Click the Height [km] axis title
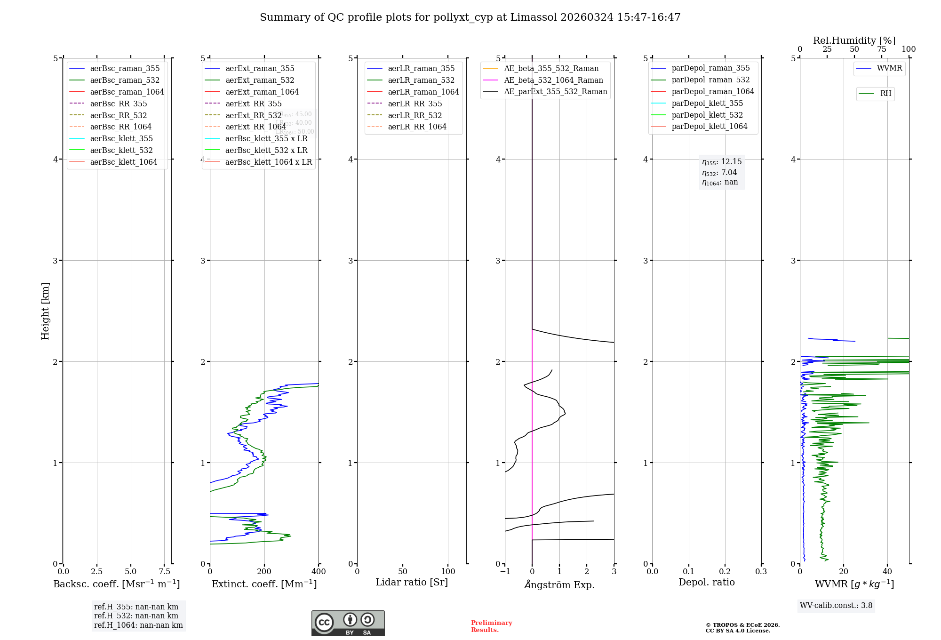(x=45, y=311)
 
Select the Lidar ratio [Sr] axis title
(x=412, y=582)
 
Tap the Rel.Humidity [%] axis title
(x=854, y=40)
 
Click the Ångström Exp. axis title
(x=559, y=584)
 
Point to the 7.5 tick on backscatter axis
(x=164, y=571)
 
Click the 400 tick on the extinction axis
(x=319, y=571)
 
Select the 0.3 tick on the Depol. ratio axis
(x=761, y=571)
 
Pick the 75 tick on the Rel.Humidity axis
(x=882, y=49)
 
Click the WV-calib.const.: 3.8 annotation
(x=836, y=606)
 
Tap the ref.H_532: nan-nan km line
(x=136, y=616)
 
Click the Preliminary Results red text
(x=491, y=626)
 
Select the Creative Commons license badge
(x=348, y=623)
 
